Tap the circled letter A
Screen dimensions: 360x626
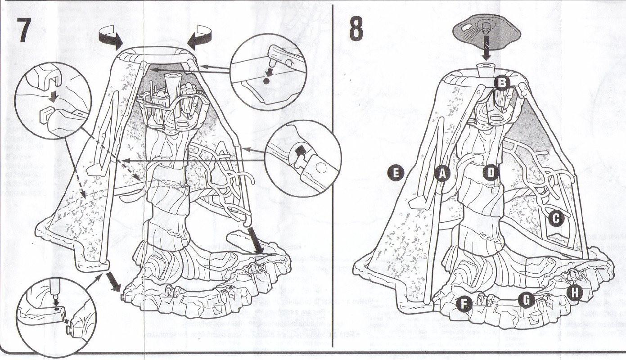coord(441,172)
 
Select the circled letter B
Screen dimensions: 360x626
coord(501,82)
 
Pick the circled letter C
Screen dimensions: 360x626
coord(556,218)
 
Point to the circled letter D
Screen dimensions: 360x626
coord(491,172)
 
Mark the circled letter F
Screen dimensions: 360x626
coord(464,304)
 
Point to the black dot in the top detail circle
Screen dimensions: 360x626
coord(266,81)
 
